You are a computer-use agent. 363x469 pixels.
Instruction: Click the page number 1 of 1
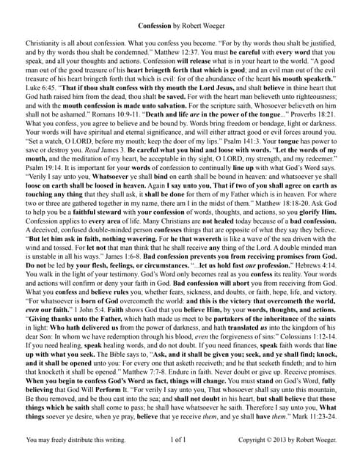[181, 459]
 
